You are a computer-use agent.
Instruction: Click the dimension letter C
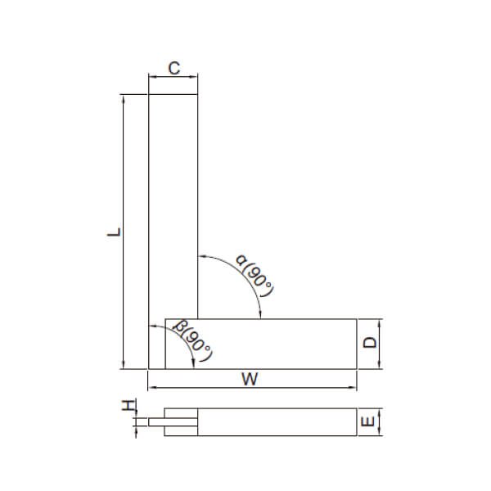click(x=173, y=69)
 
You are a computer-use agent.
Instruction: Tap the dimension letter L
click(x=116, y=232)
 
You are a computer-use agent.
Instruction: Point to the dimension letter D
click(x=370, y=344)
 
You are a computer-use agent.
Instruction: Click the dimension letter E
click(x=369, y=422)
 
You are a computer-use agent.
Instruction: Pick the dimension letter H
click(x=128, y=407)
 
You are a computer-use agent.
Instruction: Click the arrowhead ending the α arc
click(x=259, y=314)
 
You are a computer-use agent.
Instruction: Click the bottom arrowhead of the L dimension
click(x=124, y=366)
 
